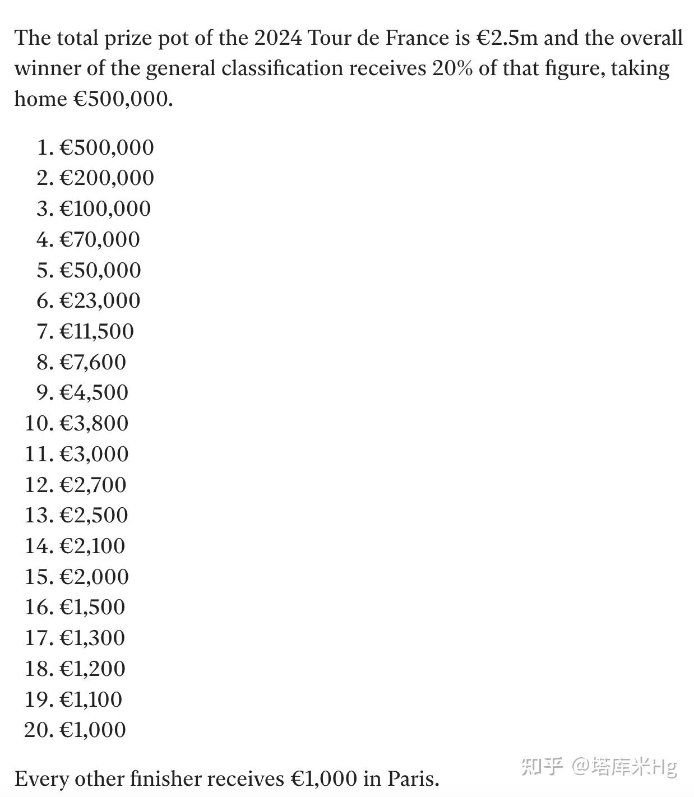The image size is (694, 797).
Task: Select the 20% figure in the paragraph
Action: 451,68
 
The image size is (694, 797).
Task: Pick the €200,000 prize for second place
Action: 107,178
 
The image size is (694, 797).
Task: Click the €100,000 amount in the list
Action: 105,208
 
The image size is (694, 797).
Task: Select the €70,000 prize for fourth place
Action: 100,239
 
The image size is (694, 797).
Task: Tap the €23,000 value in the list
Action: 100,300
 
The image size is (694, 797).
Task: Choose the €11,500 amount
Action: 97,331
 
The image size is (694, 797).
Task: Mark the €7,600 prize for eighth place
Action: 93,362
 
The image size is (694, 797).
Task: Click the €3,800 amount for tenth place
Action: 94,423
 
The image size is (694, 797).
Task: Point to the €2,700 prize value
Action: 93,484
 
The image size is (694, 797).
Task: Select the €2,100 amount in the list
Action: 92,545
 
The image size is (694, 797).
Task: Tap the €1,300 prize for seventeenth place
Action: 92,637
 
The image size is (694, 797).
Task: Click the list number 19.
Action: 37,699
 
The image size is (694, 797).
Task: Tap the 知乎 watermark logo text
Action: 541,766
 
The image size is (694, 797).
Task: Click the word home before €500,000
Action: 40,99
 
